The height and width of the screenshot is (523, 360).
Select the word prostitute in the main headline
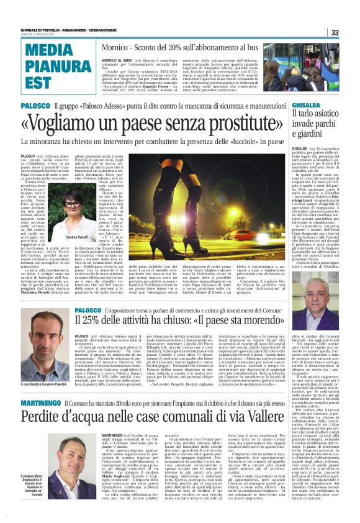(244, 122)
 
